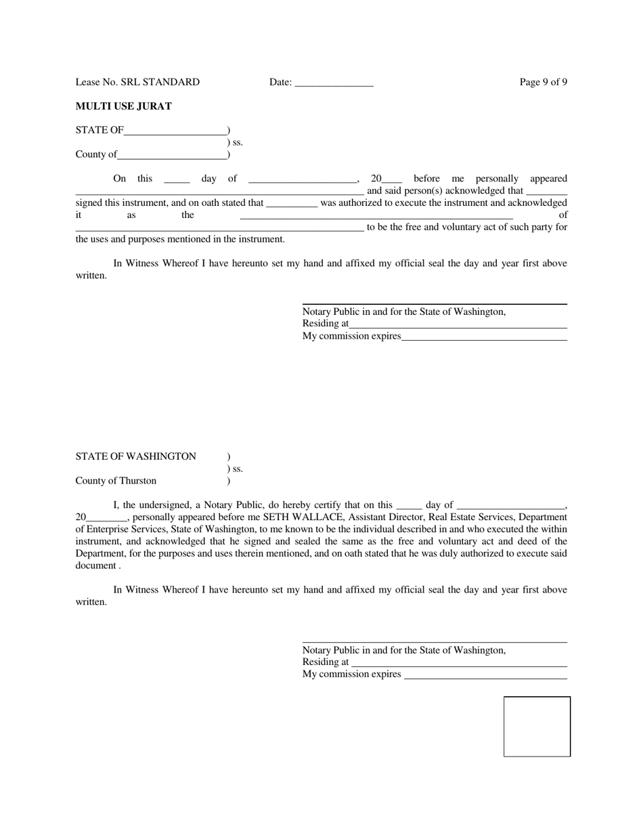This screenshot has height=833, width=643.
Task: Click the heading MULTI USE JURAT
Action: [123, 106]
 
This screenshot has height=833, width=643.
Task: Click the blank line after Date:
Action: [334, 83]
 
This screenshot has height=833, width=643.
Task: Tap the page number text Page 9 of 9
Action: [543, 82]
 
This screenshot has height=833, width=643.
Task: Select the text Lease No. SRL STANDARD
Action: [137, 82]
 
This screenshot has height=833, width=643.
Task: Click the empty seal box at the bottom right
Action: [537, 726]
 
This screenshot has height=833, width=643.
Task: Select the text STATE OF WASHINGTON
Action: [135, 456]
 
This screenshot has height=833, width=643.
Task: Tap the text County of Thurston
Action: [116, 481]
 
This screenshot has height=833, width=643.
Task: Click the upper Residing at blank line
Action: [458, 325]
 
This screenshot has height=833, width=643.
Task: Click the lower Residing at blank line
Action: [459, 664]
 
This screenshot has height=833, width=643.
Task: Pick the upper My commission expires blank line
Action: [484, 337]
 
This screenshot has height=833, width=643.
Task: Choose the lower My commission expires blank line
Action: [485, 676]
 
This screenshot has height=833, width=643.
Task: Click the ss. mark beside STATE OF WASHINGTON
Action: [235, 469]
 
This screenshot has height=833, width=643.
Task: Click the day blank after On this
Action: [177, 180]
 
